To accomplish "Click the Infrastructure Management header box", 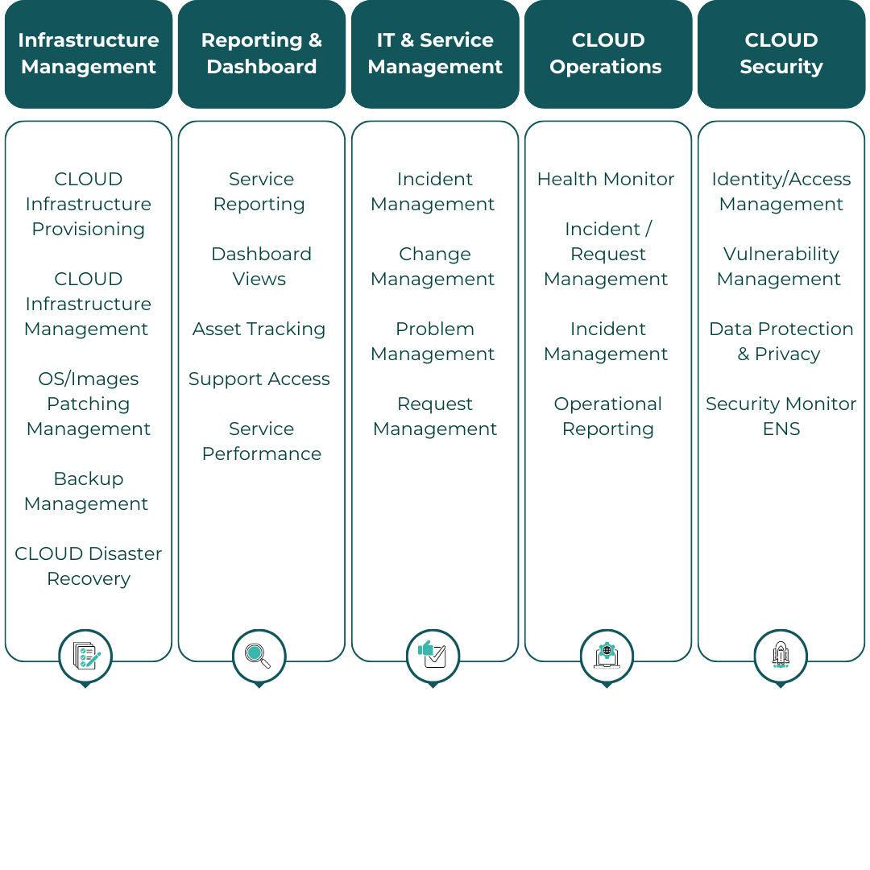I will coord(89,54).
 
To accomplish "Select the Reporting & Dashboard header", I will coord(262,54).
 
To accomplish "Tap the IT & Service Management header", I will coord(435,54).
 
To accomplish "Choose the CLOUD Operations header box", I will coord(607,54).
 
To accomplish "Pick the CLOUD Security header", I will coord(781,54).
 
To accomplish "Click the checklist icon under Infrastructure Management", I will coord(85,656).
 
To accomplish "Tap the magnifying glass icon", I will coord(259,656).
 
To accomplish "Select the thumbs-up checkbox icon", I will coord(433,656).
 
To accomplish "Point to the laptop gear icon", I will coord(607,656).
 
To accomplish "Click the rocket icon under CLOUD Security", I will coord(780,656).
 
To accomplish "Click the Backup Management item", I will coord(88,491).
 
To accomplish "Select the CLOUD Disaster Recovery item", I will coord(89,566).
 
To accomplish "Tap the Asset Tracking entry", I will coord(259,329).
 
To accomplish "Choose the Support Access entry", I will coord(259,379).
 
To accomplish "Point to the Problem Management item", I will coord(434,342).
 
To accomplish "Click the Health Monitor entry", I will coord(606,180).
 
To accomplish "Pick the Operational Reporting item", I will coord(608,416).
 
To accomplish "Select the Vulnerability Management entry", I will coord(780,267).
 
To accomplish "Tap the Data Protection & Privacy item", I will coord(781,342).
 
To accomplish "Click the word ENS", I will coord(781,429).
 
